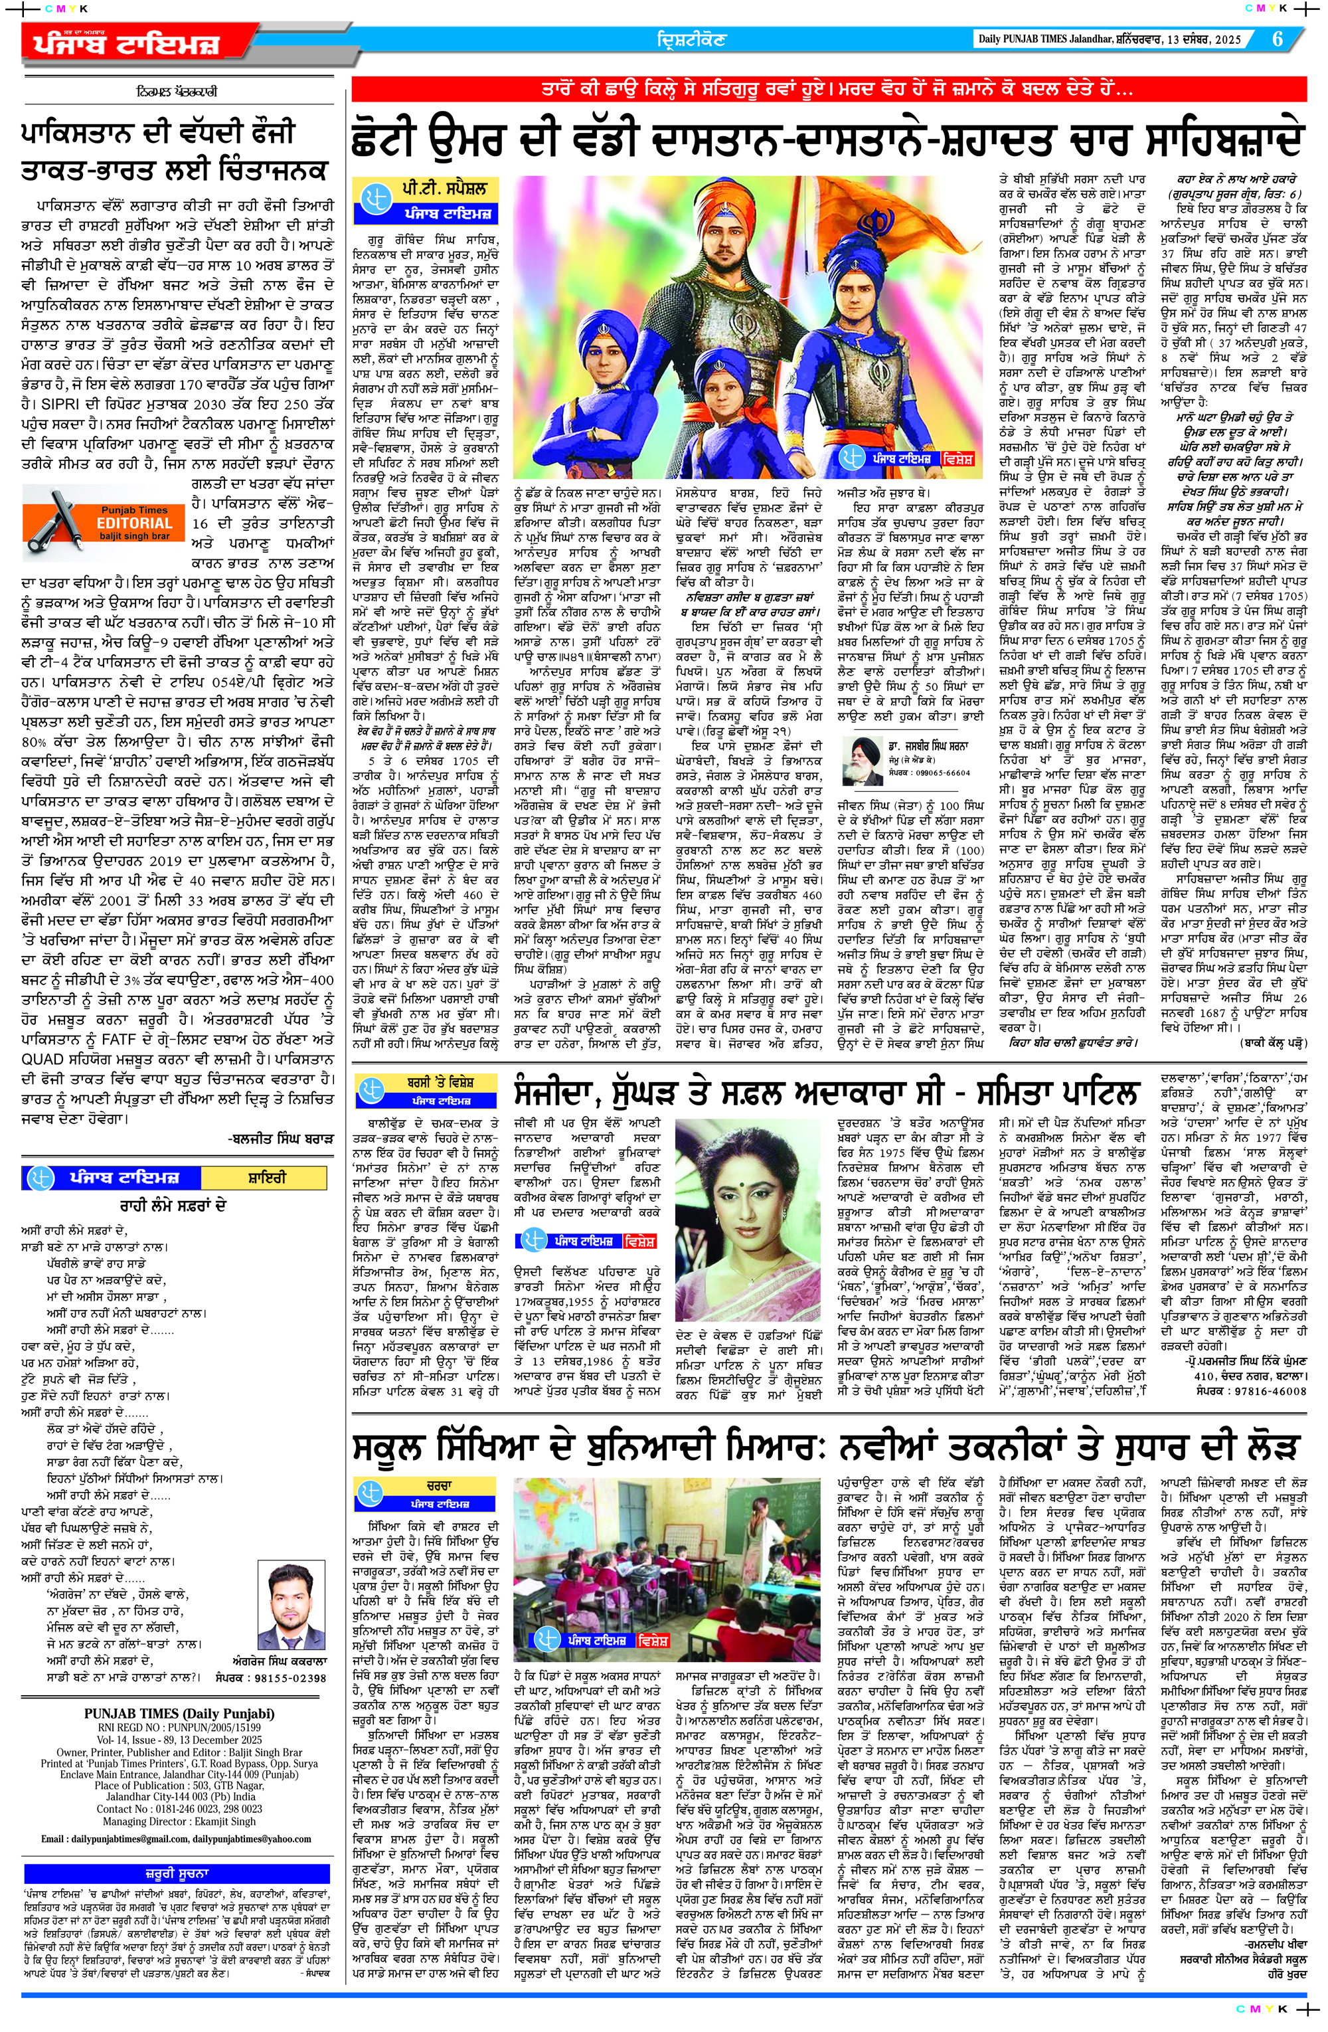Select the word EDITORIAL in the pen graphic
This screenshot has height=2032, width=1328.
(135, 523)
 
